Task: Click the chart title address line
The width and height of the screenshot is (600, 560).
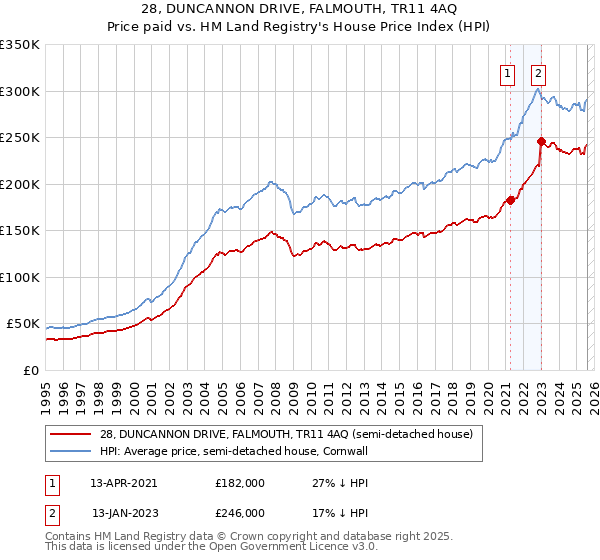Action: [x=300, y=9]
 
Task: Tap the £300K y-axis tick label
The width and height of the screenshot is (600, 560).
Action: [x=20, y=91]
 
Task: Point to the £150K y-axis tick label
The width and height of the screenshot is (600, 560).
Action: [x=20, y=231]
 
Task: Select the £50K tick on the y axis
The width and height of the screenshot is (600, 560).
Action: [x=23, y=324]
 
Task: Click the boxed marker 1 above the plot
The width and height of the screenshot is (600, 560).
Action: [x=508, y=72]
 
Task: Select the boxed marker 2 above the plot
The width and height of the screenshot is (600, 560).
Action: [x=539, y=72]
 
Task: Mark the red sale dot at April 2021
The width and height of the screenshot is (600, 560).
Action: [x=510, y=200]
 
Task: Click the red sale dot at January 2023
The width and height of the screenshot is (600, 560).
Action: [x=541, y=141]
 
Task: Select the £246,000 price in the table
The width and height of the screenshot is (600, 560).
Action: [x=240, y=513]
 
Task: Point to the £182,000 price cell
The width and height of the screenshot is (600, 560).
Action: [x=240, y=482]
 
